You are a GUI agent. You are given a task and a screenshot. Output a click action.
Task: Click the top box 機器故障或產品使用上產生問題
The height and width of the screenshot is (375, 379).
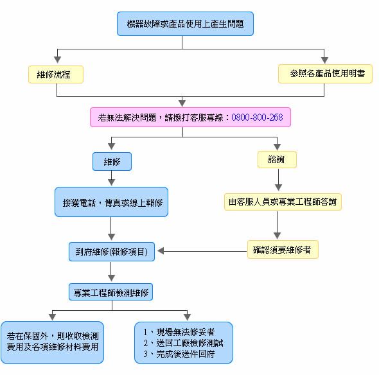pyautogui.click(x=185, y=24)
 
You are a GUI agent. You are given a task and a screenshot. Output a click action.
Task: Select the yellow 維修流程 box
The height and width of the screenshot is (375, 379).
pyautogui.click(x=57, y=74)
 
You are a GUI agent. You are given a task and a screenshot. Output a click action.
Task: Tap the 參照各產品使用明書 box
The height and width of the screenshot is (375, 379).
pyautogui.click(x=325, y=74)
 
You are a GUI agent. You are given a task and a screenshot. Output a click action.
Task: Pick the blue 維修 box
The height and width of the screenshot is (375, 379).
pyautogui.click(x=112, y=161)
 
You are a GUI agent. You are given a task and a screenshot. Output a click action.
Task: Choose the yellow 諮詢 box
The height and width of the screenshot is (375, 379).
pyautogui.click(x=277, y=160)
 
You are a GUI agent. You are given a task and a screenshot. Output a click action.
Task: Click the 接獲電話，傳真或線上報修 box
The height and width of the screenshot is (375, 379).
pyautogui.click(x=112, y=202)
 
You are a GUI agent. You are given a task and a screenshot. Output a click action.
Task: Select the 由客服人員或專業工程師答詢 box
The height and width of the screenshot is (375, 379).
pyautogui.click(x=283, y=202)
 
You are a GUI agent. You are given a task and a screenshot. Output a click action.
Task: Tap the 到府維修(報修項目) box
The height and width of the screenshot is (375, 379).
pyautogui.click(x=112, y=252)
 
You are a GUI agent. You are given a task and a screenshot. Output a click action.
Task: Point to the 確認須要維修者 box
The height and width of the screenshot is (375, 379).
pyautogui.click(x=283, y=250)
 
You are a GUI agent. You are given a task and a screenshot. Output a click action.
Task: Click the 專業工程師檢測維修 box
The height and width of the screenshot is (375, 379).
pyautogui.click(x=112, y=292)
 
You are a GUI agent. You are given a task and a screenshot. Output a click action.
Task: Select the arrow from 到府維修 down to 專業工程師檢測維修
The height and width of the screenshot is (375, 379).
pyautogui.click(x=112, y=272)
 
